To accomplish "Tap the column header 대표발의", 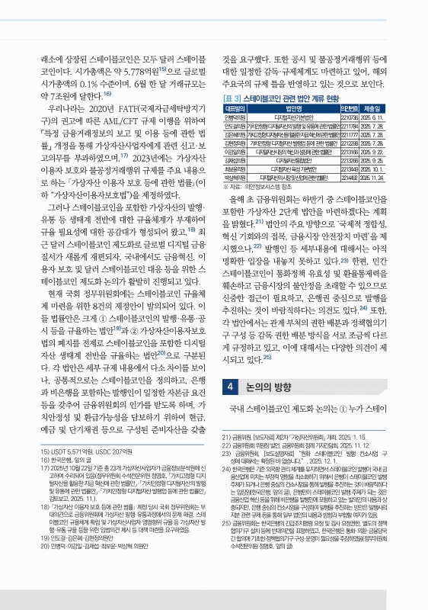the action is (234, 109).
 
